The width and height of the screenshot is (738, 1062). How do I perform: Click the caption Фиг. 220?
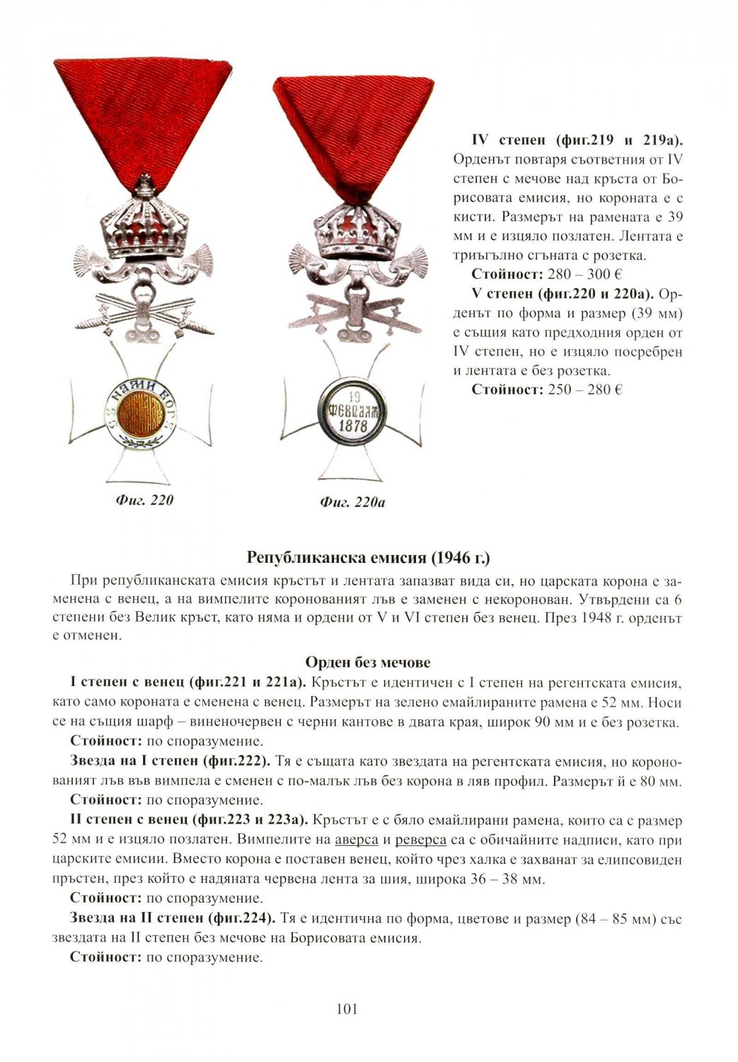(x=144, y=501)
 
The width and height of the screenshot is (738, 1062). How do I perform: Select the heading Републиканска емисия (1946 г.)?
(x=368, y=556)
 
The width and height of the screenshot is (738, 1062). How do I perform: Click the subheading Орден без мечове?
(x=368, y=663)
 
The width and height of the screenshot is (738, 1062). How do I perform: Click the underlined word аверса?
(x=357, y=840)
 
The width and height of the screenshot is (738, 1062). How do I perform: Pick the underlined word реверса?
(x=420, y=840)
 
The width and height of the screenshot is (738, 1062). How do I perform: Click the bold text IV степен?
(x=498, y=139)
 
